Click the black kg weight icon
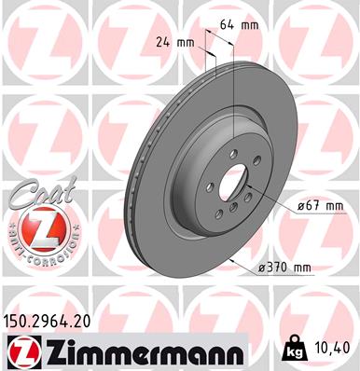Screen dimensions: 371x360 click(x=291, y=350)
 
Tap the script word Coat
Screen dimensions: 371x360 click(x=35, y=194)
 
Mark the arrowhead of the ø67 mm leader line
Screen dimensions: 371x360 click(x=250, y=185)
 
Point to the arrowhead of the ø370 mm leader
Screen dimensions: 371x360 click(x=230, y=261)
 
